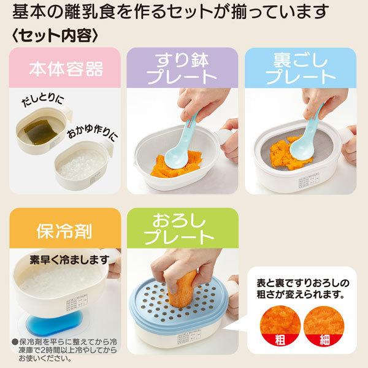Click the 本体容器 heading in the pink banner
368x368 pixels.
coord(66,69)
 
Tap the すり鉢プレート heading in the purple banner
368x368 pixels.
coord(182,69)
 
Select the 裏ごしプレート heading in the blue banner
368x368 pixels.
coord(301,69)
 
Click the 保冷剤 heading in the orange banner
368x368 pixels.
coord(64,231)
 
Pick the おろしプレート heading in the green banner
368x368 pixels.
coord(180,229)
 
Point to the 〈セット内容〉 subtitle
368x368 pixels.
coord(55,36)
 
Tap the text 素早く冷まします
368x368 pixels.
coord(69,260)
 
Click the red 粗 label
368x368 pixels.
coord(280,340)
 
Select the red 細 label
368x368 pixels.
coord(324,340)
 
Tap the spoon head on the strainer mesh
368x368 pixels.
coord(301,148)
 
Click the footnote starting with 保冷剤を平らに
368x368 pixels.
coord(64,350)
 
